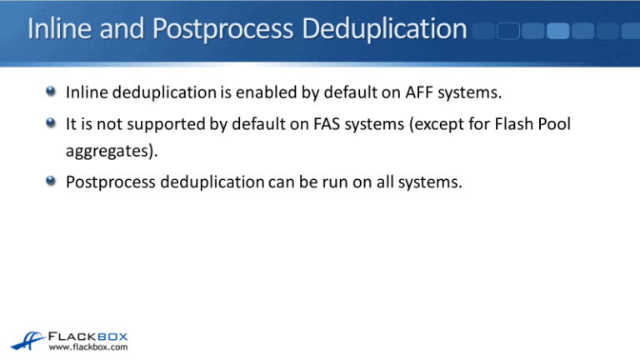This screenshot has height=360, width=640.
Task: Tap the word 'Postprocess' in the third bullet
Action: coord(105,182)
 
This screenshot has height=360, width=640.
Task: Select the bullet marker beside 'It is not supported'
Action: coord(52,125)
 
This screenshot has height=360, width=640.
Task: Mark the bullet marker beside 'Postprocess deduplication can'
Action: coord(52,182)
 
